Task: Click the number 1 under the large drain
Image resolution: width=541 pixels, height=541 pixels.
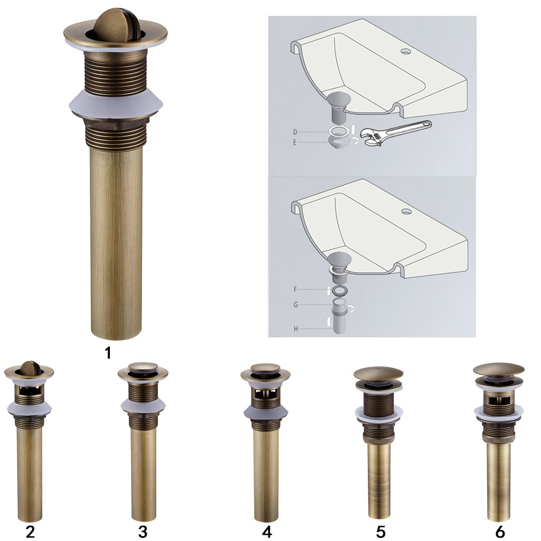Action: [108, 353]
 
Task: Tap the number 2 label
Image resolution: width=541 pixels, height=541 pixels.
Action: [30, 532]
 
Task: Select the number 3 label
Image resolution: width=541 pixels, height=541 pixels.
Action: [143, 532]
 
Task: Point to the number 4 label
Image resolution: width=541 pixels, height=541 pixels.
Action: [267, 532]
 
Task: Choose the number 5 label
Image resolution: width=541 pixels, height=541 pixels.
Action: [380, 532]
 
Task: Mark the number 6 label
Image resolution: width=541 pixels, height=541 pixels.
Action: [500, 532]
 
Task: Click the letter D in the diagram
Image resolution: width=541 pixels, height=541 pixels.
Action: [295, 132]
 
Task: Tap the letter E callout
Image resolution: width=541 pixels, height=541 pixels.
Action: [295, 142]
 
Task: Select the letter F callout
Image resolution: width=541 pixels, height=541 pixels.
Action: [295, 289]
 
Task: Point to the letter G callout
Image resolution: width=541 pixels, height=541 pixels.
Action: [296, 305]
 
